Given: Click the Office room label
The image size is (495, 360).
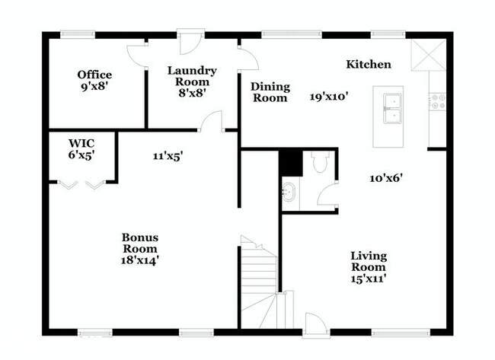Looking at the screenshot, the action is coord(94,75).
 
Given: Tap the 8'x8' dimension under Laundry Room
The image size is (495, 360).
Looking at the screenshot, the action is coord(192,93).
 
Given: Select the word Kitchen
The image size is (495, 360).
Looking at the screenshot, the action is coord(369,65).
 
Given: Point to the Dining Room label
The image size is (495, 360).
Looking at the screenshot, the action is coord(270,92).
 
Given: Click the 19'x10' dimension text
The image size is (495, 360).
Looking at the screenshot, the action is coord(329,96).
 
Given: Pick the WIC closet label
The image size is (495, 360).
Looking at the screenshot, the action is coord(81,144).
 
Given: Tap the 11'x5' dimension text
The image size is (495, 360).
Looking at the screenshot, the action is coord(168,156).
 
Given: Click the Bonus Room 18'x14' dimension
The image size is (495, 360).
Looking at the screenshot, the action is coord(140,260).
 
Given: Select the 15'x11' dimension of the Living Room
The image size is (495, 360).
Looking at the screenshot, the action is coord(369,279).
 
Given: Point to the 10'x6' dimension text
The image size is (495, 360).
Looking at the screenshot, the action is coord(386,178).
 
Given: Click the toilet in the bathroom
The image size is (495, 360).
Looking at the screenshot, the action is coord(320,161).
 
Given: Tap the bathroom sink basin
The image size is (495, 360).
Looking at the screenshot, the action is coord(288,192).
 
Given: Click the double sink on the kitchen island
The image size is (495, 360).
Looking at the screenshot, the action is coord(393,109).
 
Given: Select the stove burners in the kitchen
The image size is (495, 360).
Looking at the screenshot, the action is coord(438,101).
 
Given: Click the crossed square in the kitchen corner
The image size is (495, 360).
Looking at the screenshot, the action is coord(429,55).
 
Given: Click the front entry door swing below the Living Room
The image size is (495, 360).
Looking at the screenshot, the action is coord(316,323).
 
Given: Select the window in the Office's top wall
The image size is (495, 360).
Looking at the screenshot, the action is coord(78,34).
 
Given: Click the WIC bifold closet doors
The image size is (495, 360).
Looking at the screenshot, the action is coord(81,185).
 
